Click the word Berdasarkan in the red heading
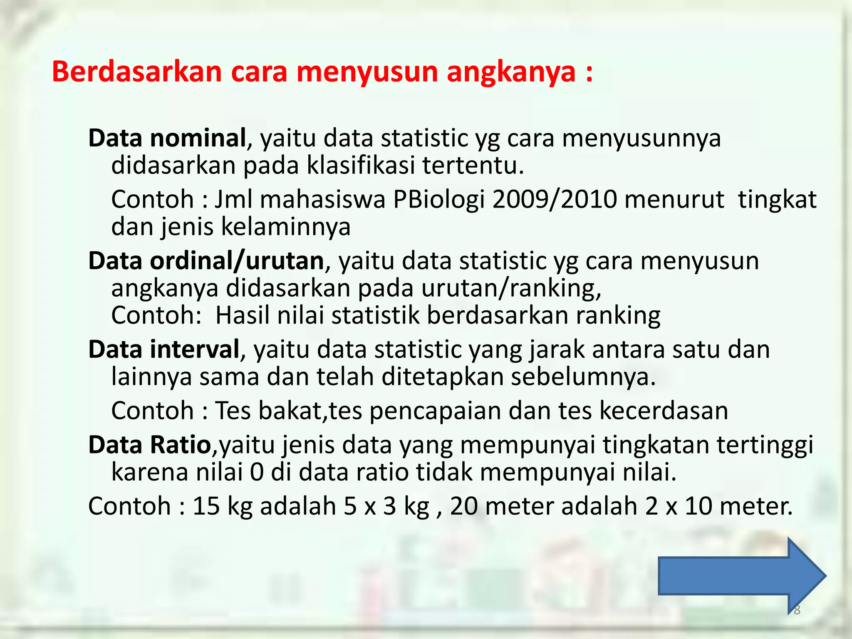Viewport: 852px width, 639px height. click(137, 72)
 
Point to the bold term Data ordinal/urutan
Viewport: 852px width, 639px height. click(206, 261)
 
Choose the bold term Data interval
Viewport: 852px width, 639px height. click(164, 349)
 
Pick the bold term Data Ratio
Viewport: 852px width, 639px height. click(150, 445)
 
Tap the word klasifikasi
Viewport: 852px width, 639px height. click(361, 166)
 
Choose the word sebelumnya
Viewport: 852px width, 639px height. click(583, 377)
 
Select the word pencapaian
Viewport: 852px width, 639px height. click(435, 411)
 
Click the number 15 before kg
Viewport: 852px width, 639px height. click(206, 506)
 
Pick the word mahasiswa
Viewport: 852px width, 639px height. click(323, 199)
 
